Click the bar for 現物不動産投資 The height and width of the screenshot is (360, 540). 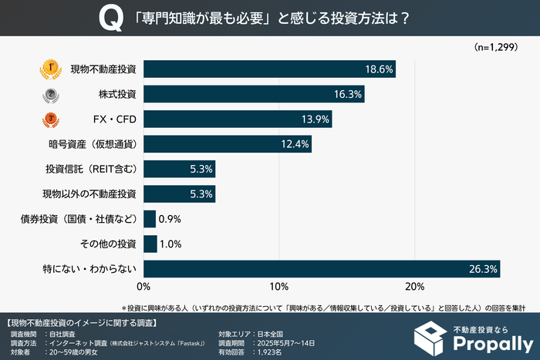pyautogui.click(x=269, y=69)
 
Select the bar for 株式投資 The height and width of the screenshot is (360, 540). pyautogui.click(x=254, y=94)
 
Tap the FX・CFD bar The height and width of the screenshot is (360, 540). pyautogui.click(x=238, y=119)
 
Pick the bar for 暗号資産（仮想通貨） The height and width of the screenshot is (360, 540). pyautogui.click(x=228, y=143)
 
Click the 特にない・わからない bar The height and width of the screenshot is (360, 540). pyautogui.click(x=322, y=269)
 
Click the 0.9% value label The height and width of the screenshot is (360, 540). pyautogui.click(x=170, y=219)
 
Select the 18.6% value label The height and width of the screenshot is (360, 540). pyautogui.click(x=380, y=69)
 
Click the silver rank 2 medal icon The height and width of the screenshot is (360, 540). pyautogui.click(x=50, y=94)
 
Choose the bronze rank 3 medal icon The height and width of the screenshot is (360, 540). pyautogui.click(x=50, y=119)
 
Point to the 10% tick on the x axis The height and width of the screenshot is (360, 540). pyautogui.click(x=279, y=287)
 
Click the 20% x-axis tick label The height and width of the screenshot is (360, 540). pyautogui.click(x=415, y=287)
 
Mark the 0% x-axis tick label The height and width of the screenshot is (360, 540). pyautogui.click(x=144, y=287)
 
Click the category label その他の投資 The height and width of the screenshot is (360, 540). pyautogui.click(x=108, y=244)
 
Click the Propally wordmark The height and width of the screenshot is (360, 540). pyautogui.click(x=493, y=342)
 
